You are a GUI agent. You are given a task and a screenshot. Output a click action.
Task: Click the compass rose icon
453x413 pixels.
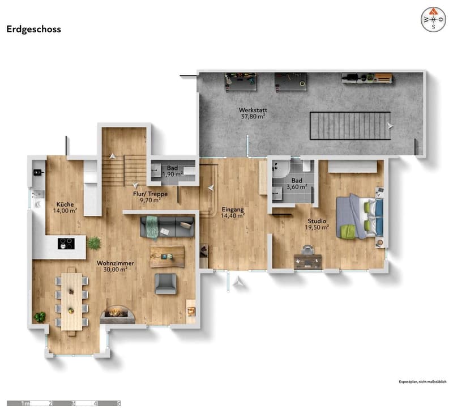tap(433, 20)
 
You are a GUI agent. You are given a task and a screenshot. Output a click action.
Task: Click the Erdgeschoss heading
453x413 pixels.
tap(33, 29)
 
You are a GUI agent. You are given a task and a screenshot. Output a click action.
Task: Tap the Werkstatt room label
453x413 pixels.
tap(253, 110)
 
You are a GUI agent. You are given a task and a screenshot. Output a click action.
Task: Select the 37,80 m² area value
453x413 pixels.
tap(253, 117)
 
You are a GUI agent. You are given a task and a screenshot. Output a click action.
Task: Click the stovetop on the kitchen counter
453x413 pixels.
tap(66, 244)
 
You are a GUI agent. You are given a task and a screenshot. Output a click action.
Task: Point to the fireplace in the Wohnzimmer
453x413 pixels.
tap(117, 314)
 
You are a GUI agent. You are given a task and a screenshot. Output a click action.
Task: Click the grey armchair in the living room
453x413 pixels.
tap(165, 284)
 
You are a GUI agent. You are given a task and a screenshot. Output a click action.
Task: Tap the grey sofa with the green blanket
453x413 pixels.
tap(167, 227)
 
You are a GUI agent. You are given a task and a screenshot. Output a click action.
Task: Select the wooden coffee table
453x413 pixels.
tap(167, 257)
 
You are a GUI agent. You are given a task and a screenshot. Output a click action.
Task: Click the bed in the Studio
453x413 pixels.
tap(360, 216)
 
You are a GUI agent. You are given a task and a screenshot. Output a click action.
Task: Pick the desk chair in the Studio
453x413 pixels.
tap(307, 249)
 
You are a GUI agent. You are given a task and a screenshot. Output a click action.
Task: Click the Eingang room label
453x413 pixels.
tap(233, 210)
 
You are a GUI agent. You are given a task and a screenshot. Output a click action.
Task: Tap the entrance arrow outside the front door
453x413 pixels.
tap(238, 281)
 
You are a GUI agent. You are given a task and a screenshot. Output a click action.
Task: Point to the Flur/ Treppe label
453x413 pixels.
tap(150, 194)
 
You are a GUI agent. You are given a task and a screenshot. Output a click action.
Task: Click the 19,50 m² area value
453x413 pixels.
tap(317, 227)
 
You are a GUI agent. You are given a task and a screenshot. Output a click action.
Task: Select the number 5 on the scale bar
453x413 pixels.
tap(118, 403)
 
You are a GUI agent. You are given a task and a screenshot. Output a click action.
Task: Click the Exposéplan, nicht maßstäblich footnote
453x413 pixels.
tap(422, 382)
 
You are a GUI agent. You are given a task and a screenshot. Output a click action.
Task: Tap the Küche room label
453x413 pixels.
tap(65, 205)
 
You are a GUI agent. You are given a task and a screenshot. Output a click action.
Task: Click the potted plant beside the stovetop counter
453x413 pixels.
tap(94, 243)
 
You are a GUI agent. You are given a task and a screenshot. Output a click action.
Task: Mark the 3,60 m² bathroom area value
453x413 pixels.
tap(297, 187)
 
